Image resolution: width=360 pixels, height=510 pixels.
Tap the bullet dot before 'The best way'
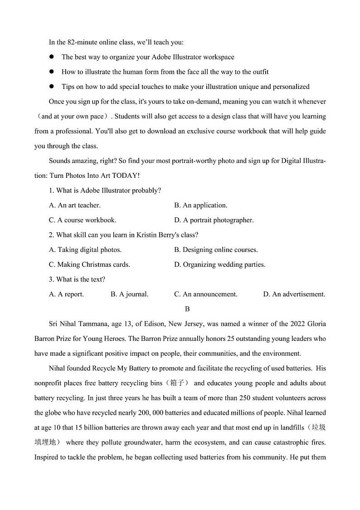tap(52, 57)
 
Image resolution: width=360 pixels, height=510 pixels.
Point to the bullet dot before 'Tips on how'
tap(52, 86)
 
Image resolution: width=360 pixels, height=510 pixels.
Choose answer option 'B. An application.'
tap(200, 205)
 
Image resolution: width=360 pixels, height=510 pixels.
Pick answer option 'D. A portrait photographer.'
tap(214, 220)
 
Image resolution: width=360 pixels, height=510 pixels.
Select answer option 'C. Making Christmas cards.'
tap(89, 265)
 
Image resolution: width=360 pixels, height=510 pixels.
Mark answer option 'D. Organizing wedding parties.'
tap(219, 265)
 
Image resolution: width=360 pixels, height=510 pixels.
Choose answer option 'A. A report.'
tap(66, 294)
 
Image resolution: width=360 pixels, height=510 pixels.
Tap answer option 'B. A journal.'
tap(129, 294)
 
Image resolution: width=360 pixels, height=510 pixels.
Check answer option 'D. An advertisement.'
tap(294, 294)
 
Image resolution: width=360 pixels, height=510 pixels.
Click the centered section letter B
tap(187, 309)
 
